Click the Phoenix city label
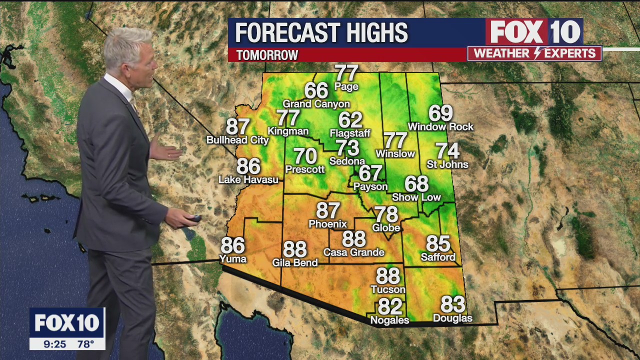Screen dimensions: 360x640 click(x=327, y=224)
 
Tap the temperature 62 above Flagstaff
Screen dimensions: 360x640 click(x=350, y=120)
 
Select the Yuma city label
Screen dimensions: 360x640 click(x=233, y=259)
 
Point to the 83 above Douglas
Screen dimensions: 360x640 click(x=452, y=304)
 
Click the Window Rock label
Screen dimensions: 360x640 click(x=440, y=127)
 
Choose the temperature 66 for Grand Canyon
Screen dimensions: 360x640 click(x=316, y=91)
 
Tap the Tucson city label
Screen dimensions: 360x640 click(x=388, y=289)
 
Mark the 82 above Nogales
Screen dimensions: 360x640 click(x=390, y=306)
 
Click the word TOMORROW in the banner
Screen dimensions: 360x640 click(x=267, y=55)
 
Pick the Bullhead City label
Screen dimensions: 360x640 click(x=237, y=140)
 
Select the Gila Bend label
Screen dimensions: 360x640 click(x=294, y=262)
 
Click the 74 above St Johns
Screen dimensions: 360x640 click(x=447, y=150)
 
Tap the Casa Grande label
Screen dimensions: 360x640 click(x=353, y=252)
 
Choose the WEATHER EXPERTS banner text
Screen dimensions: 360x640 click(x=534, y=53)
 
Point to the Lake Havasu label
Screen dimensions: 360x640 click(x=248, y=179)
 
